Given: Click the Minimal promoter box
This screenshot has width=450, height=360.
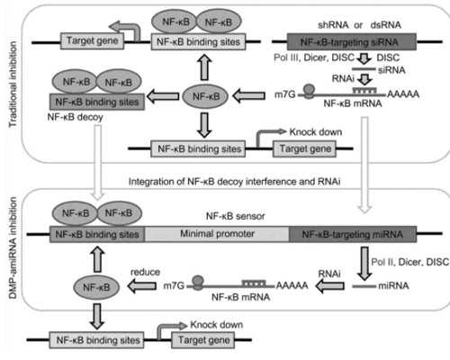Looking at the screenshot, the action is [x=217, y=234].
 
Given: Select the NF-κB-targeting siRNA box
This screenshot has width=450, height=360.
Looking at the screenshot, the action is [x=352, y=41].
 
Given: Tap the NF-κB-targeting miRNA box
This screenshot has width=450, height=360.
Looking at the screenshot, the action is [x=353, y=234].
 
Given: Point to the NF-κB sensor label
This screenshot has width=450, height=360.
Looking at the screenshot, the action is [x=236, y=216].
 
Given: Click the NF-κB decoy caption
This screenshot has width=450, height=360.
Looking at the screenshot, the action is [x=75, y=117].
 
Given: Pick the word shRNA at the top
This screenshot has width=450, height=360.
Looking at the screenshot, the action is [x=333, y=25].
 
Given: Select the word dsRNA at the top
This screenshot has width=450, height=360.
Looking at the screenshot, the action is [x=385, y=25].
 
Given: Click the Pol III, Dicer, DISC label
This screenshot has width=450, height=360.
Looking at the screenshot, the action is [x=314, y=58].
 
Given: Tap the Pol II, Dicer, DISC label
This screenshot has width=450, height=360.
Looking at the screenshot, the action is [x=410, y=262].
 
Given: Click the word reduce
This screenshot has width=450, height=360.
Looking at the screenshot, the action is [x=145, y=272].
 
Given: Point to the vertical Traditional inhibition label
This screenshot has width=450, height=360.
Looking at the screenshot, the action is [x=13, y=85].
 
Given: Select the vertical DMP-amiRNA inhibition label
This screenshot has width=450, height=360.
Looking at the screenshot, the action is [x=13, y=247].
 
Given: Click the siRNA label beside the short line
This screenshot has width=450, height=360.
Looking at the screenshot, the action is [x=391, y=70].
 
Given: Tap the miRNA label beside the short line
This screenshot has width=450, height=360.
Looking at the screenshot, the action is [x=393, y=285].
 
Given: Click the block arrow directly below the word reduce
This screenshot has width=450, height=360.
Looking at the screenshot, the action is [x=142, y=286].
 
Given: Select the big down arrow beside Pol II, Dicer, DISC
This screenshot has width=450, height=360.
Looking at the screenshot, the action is [x=364, y=264].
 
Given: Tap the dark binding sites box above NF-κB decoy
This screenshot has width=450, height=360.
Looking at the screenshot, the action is [x=97, y=102].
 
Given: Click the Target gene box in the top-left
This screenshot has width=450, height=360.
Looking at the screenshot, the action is [x=92, y=41].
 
